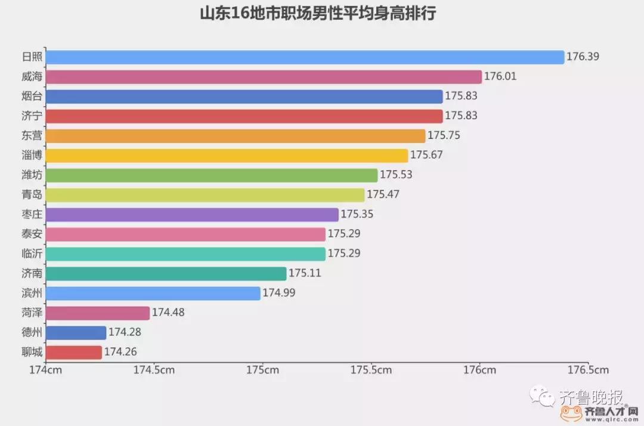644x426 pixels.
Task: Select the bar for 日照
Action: [x=304, y=57]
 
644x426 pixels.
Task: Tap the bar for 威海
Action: [x=263, y=77]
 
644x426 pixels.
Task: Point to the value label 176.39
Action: [x=583, y=57]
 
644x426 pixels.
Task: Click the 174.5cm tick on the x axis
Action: [x=154, y=370]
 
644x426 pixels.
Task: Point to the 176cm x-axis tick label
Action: [x=480, y=370]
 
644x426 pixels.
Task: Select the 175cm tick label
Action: [x=262, y=370]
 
